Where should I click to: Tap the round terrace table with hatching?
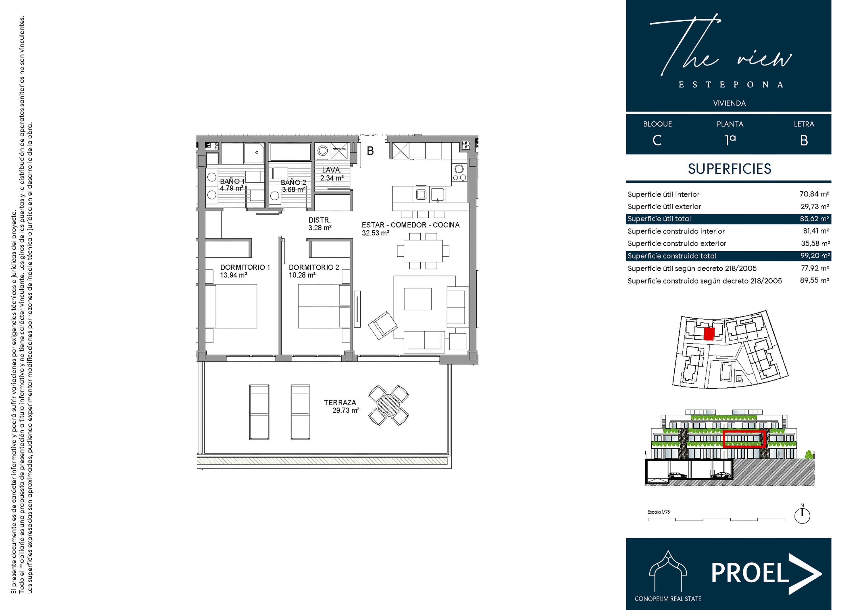(388, 405)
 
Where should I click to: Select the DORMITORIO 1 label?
(245, 267)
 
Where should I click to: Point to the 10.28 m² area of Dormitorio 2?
(302, 275)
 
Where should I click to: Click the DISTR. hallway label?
(320, 220)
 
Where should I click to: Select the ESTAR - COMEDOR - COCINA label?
(410, 225)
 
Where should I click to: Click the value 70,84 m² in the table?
(814, 194)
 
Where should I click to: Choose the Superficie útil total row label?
(659, 219)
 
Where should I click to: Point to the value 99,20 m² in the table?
(815, 256)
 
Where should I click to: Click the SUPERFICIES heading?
(730, 169)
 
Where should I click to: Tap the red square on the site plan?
(709, 334)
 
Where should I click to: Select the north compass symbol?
(802, 515)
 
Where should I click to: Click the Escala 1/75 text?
(659, 512)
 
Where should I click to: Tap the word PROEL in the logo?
(750, 573)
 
